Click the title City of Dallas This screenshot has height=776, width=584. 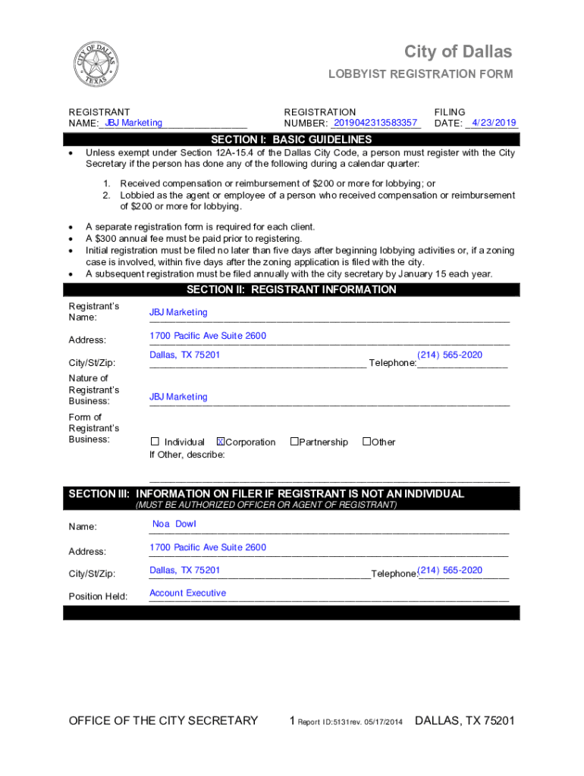tap(458, 52)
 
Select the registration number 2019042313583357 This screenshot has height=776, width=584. tap(375, 123)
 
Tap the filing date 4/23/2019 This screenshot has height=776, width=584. tap(494, 123)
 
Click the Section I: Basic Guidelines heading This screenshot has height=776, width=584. tap(291, 139)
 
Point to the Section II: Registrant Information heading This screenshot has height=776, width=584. tap(291, 289)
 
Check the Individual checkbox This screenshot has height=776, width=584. tap(155, 442)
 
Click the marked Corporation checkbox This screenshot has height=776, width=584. tap(221, 442)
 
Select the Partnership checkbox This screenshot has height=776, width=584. tap(294, 442)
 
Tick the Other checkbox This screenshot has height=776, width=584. tap(366, 442)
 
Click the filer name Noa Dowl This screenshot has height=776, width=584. tap(174, 524)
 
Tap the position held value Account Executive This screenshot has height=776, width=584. tap(187, 593)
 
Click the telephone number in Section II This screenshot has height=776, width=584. tap(450, 355)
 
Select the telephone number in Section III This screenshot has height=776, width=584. tap(451, 570)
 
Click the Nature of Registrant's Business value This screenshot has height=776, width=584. tap(178, 396)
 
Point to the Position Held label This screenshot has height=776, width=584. tap(98, 596)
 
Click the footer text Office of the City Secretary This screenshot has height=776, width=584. tap(163, 721)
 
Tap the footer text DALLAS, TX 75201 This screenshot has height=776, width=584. tap(465, 721)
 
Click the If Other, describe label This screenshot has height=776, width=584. tap(187, 455)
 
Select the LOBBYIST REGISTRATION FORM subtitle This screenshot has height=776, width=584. tap(420, 74)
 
